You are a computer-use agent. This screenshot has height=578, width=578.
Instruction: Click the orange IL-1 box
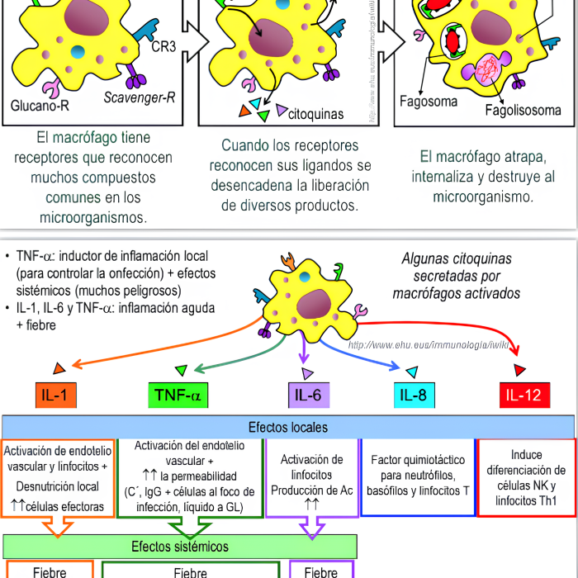[54, 396]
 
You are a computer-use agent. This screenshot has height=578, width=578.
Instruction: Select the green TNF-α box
[178, 396]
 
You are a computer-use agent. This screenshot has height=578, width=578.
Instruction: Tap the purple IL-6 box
[307, 396]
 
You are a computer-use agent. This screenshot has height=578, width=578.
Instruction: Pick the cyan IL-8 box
[412, 396]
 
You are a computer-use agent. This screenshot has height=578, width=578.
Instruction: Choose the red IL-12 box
[524, 396]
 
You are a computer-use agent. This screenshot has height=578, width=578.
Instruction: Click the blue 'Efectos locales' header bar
[288, 427]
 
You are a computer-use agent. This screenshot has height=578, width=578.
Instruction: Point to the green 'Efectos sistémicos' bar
[180, 546]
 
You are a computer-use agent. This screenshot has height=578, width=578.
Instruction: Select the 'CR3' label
[163, 46]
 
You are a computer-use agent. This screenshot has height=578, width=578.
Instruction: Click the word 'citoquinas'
[315, 115]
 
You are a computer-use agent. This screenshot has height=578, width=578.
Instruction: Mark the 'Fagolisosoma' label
[520, 109]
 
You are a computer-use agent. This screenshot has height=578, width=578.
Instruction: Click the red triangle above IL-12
[519, 369]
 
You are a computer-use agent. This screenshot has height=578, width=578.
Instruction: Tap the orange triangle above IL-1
[59, 368]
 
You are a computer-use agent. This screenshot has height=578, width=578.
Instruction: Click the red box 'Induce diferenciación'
[526, 477]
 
